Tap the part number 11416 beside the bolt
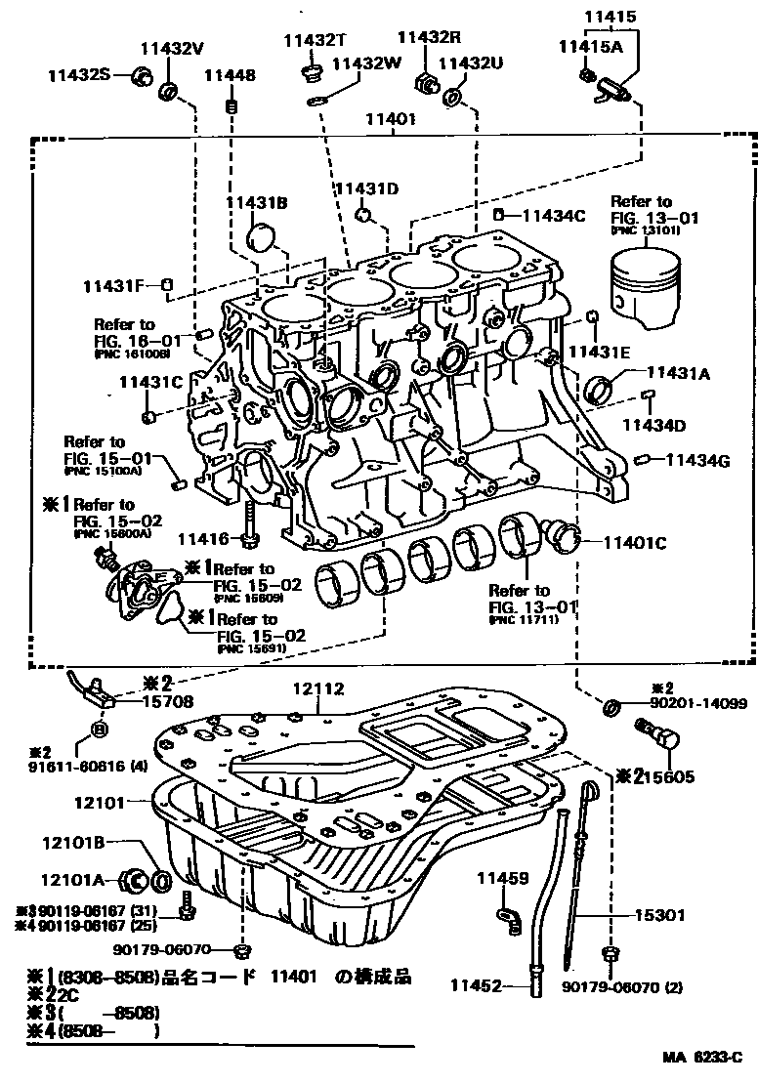pyautogui.click(x=202, y=538)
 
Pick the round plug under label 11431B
pyautogui.click(x=264, y=237)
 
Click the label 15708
pyautogui.click(x=169, y=700)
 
